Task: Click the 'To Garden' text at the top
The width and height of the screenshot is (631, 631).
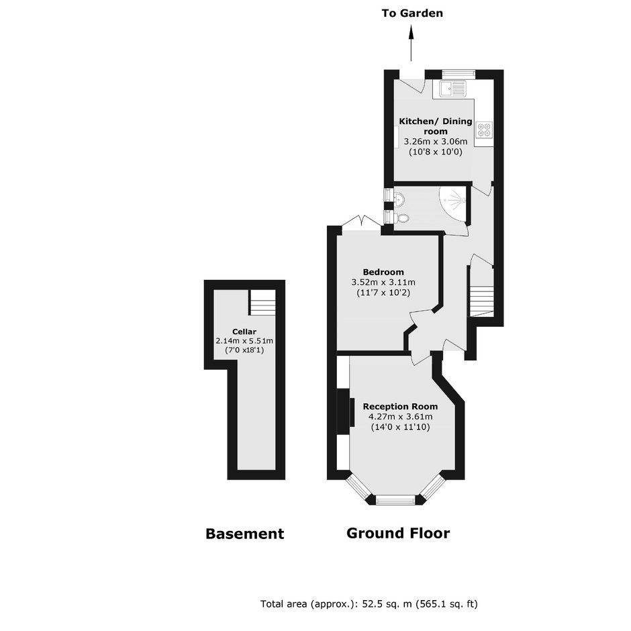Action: (x=412, y=13)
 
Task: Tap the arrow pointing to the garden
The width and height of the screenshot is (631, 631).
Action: (x=411, y=43)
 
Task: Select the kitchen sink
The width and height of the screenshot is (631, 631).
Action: (x=452, y=89)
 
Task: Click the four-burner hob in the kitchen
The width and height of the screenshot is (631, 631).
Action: (x=484, y=129)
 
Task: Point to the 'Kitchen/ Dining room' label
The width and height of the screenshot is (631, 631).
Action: (x=436, y=126)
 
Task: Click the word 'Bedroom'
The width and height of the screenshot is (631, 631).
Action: (x=383, y=272)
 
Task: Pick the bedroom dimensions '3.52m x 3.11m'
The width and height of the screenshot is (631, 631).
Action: (x=383, y=282)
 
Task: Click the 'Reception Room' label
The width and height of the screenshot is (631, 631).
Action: (x=400, y=406)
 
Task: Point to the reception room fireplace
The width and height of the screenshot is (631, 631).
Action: (x=345, y=411)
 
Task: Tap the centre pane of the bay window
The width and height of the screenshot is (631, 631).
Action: (x=395, y=500)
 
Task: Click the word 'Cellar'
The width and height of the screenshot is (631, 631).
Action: (x=244, y=332)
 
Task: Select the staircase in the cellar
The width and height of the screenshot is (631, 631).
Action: (x=262, y=302)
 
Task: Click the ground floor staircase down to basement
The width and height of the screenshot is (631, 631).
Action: (x=482, y=301)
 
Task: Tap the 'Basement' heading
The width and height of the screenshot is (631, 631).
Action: (x=244, y=534)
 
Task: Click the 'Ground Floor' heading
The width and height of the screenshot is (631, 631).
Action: (x=398, y=533)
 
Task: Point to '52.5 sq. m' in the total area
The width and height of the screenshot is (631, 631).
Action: (x=387, y=603)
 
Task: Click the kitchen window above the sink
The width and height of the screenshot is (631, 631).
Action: (x=458, y=74)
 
